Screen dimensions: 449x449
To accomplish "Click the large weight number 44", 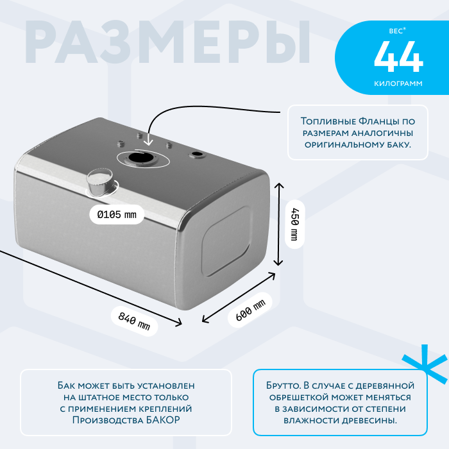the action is pos(398,56).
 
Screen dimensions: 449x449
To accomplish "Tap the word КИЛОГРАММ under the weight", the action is pos(398,83).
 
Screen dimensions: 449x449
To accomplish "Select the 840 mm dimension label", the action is pos(134,321).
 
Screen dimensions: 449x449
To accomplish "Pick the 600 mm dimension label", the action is pos(250,310).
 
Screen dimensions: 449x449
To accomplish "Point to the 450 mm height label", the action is pos(294,224).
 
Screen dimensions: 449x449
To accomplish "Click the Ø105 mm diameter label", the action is pos(117,214).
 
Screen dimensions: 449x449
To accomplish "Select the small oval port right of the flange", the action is pos(196,155).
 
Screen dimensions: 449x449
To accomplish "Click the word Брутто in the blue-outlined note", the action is pos(284,385).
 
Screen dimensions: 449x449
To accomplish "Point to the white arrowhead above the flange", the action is pos(148,142).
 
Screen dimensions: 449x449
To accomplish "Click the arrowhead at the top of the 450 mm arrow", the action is pos(279,185).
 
